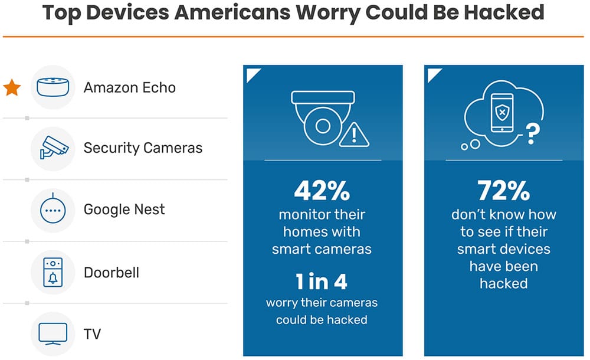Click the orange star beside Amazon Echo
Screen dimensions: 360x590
point(12,88)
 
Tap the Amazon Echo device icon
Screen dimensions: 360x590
point(53,87)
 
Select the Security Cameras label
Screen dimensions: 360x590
point(143,148)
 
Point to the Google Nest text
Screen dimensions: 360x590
point(124,210)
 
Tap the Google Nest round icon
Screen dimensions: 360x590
point(53,210)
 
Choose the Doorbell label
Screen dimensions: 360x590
point(112,273)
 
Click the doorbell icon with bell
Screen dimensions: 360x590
point(53,273)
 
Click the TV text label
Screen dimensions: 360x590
point(92,335)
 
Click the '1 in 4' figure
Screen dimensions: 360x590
point(322,282)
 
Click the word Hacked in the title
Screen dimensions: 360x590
point(500,13)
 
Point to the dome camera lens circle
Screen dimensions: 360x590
point(322,126)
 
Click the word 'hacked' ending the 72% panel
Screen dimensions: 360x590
point(503,283)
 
